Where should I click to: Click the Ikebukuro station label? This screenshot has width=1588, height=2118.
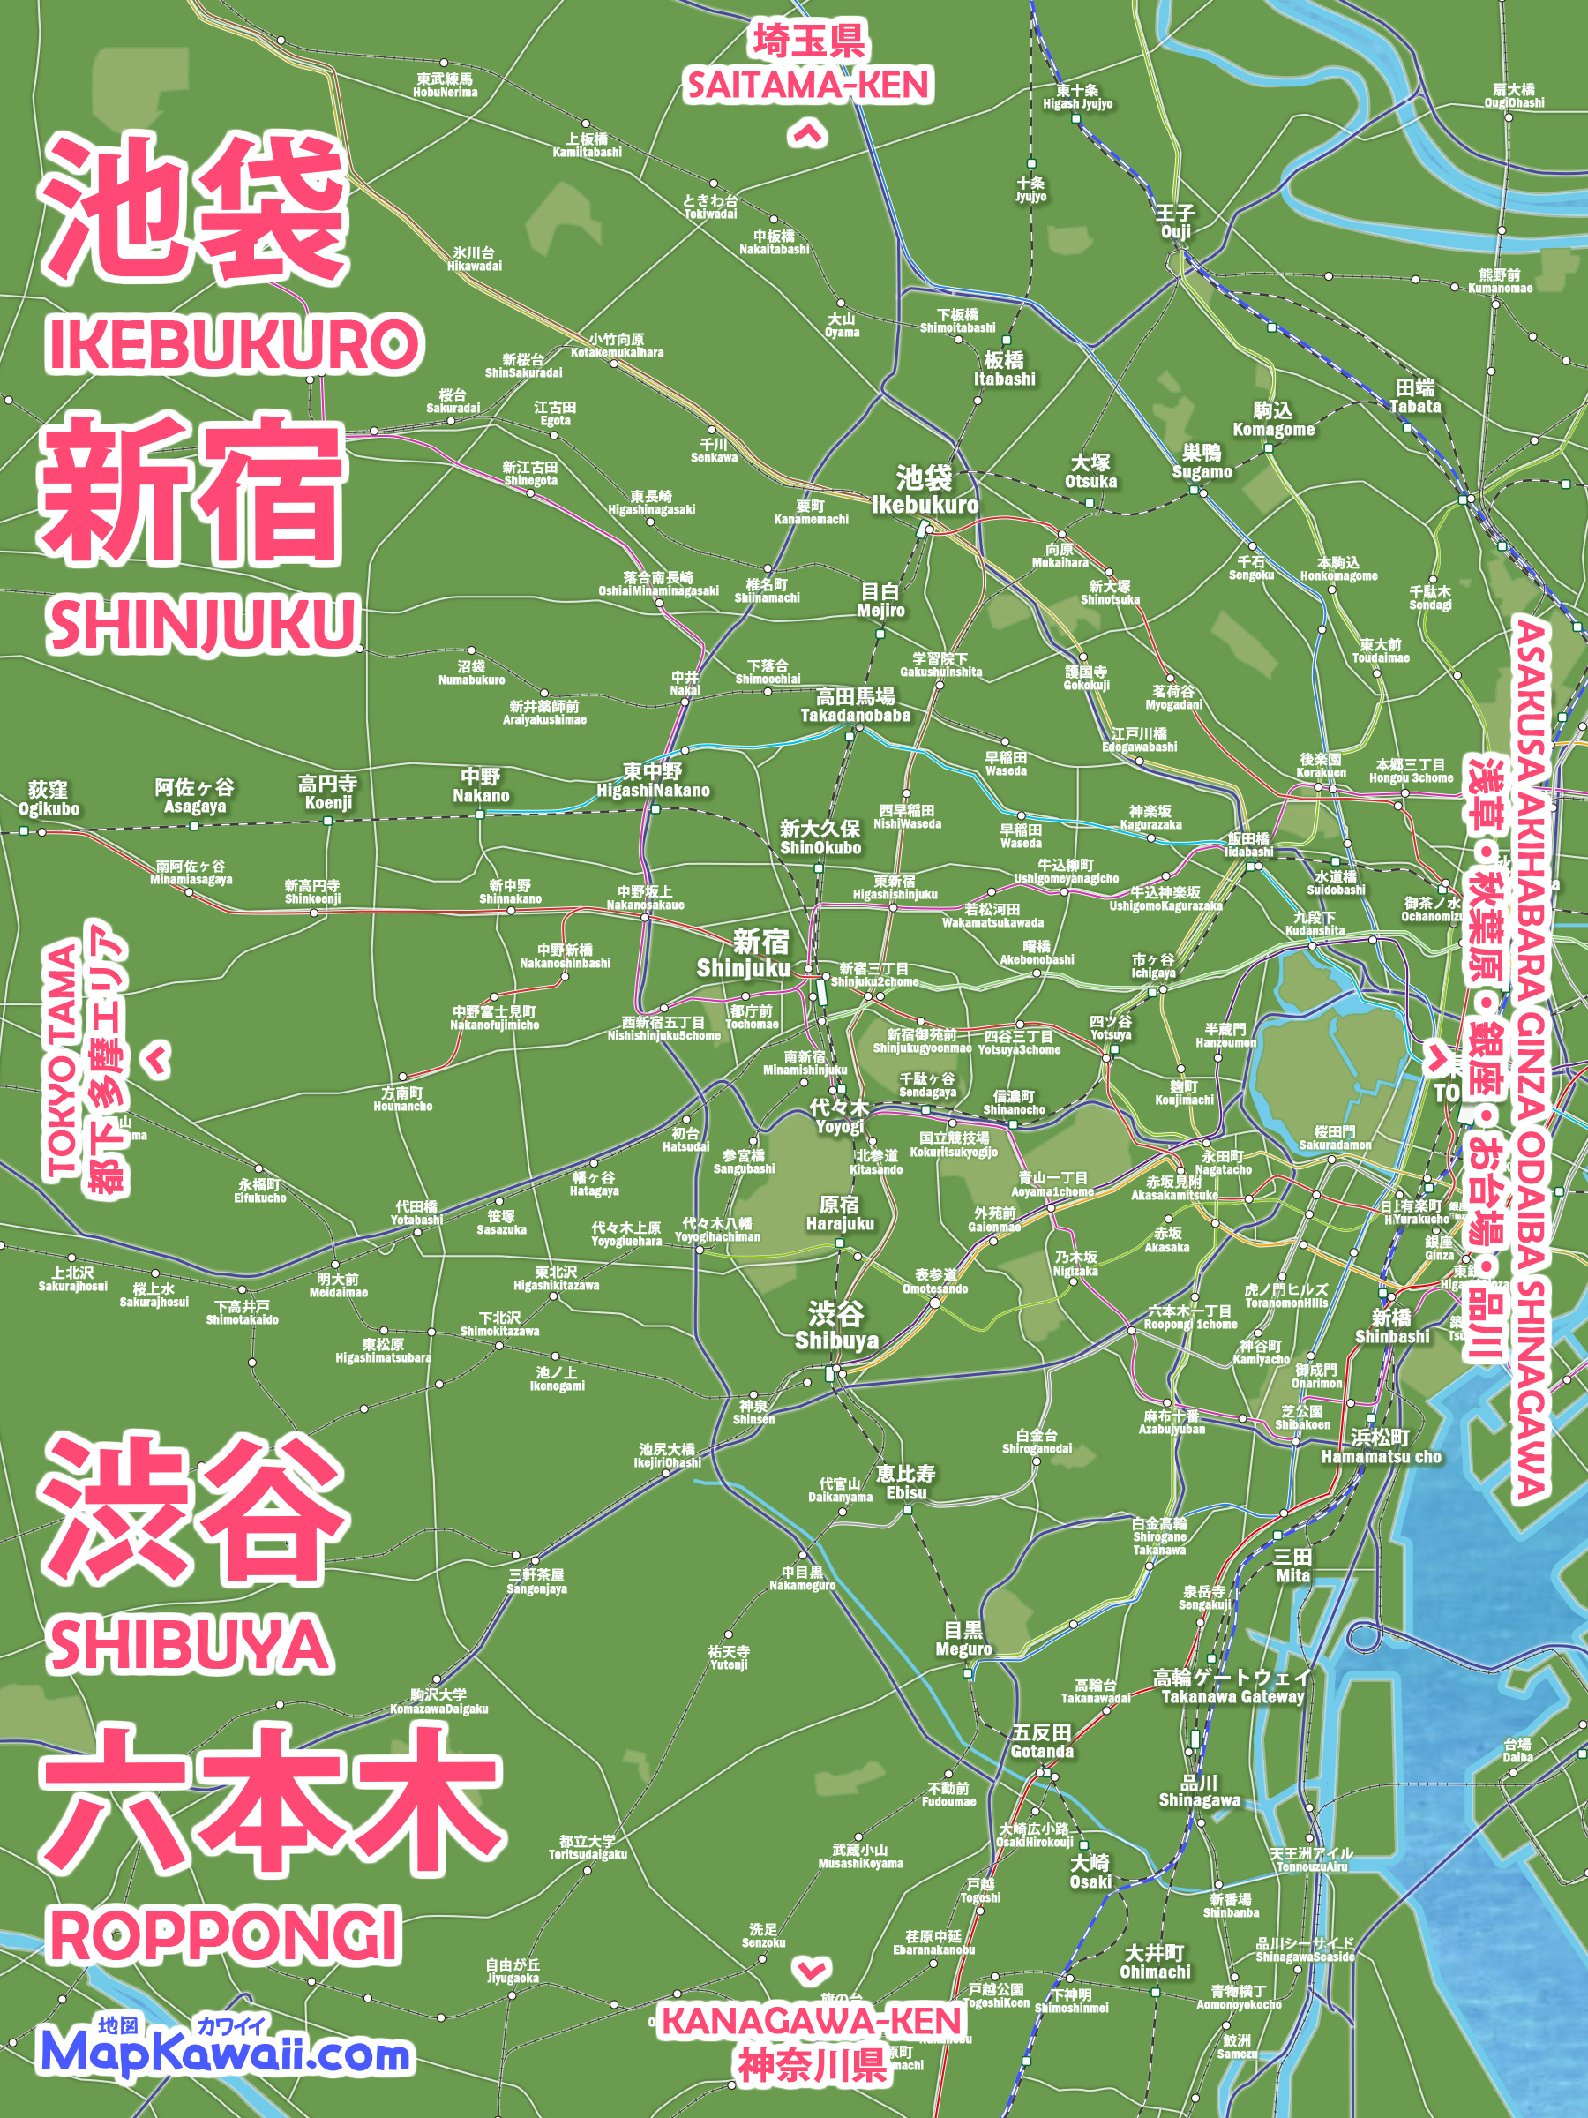(x=924, y=492)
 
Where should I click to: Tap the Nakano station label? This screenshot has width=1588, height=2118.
(x=481, y=786)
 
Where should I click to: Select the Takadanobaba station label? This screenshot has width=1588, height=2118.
(x=855, y=706)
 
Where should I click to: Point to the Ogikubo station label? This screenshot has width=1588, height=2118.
(x=49, y=799)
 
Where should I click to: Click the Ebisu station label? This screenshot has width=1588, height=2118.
(x=905, y=1483)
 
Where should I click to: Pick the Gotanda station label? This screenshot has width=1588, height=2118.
(x=1041, y=1742)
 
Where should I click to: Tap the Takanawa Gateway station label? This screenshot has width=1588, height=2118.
(x=1232, y=1687)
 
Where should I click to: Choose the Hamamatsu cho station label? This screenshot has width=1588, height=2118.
(x=1381, y=1446)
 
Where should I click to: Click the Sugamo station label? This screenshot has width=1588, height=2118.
(x=1202, y=462)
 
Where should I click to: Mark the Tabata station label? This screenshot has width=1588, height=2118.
(x=1415, y=396)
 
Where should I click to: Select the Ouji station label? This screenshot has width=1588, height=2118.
(x=1175, y=222)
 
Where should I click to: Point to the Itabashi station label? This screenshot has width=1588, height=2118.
(x=1004, y=370)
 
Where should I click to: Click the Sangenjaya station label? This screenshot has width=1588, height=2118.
(x=537, y=1581)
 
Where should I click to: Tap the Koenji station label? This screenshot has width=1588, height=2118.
(x=328, y=793)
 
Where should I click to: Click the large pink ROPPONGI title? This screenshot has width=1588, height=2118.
(x=224, y=1934)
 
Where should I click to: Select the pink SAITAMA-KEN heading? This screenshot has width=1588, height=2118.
(x=808, y=86)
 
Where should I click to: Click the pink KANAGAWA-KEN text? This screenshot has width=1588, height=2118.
(x=812, y=2020)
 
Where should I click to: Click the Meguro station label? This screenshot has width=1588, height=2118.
(x=963, y=1640)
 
